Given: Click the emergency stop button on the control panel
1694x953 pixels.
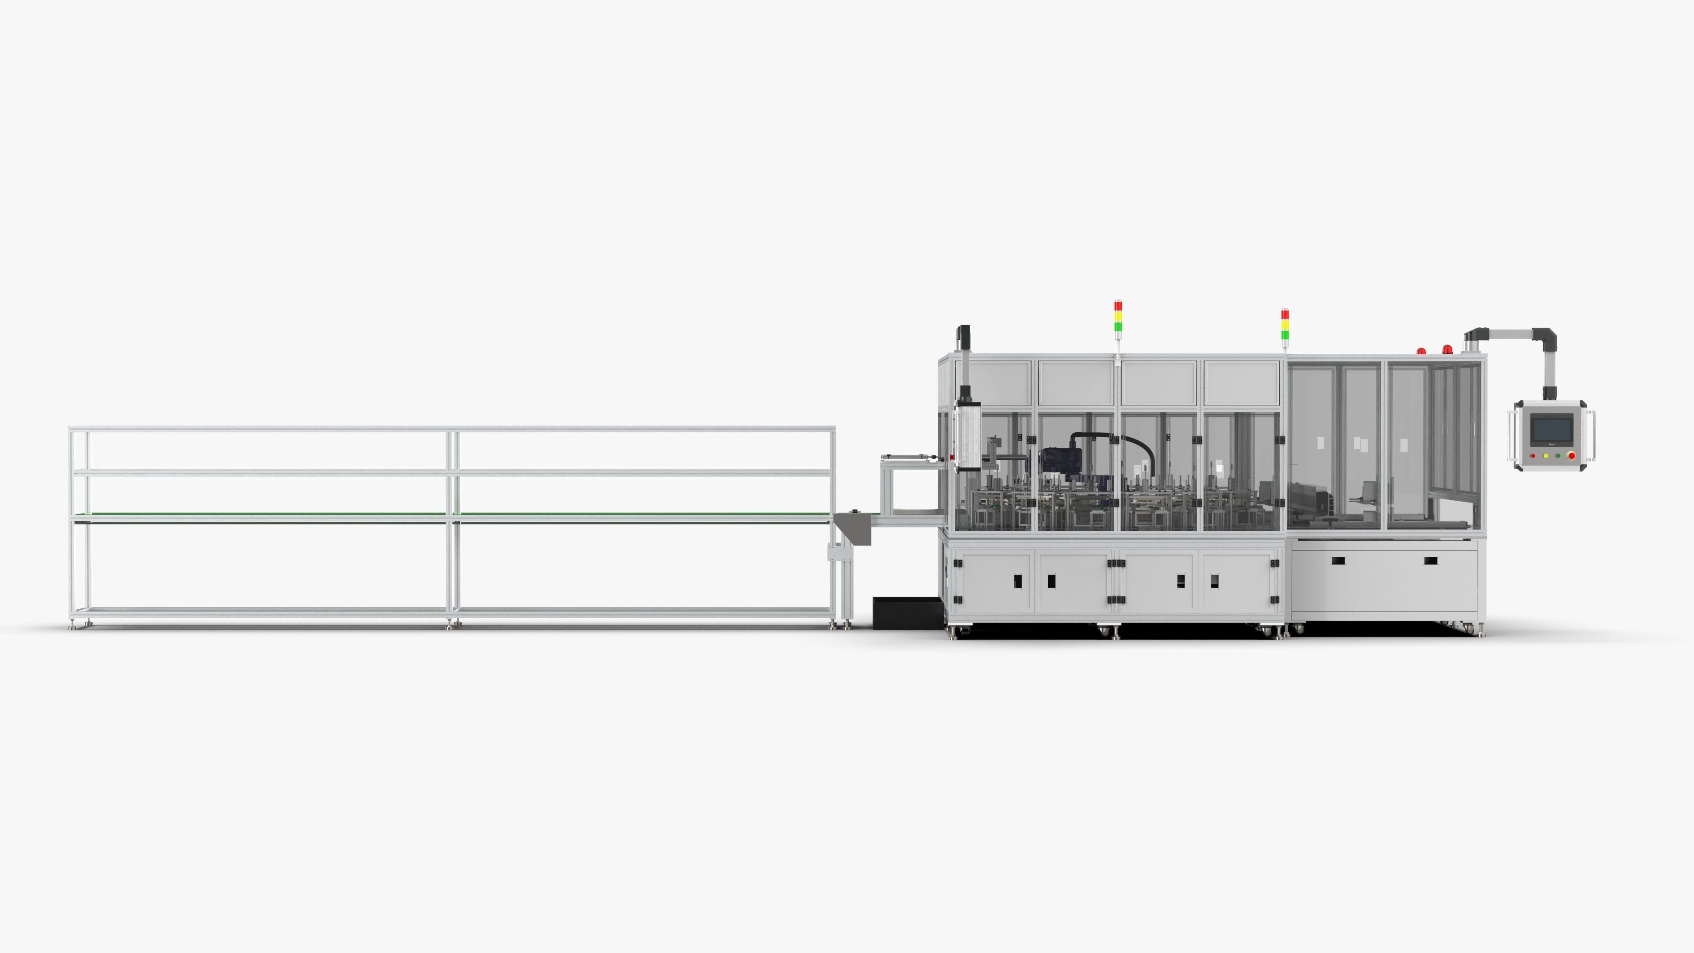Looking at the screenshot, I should click(1572, 455).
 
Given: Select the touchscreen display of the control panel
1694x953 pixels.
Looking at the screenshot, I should click(1552, 430).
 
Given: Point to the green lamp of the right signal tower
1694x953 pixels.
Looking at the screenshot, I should click(1285, 335).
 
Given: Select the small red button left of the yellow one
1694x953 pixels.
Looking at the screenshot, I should click(1533, 456).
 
